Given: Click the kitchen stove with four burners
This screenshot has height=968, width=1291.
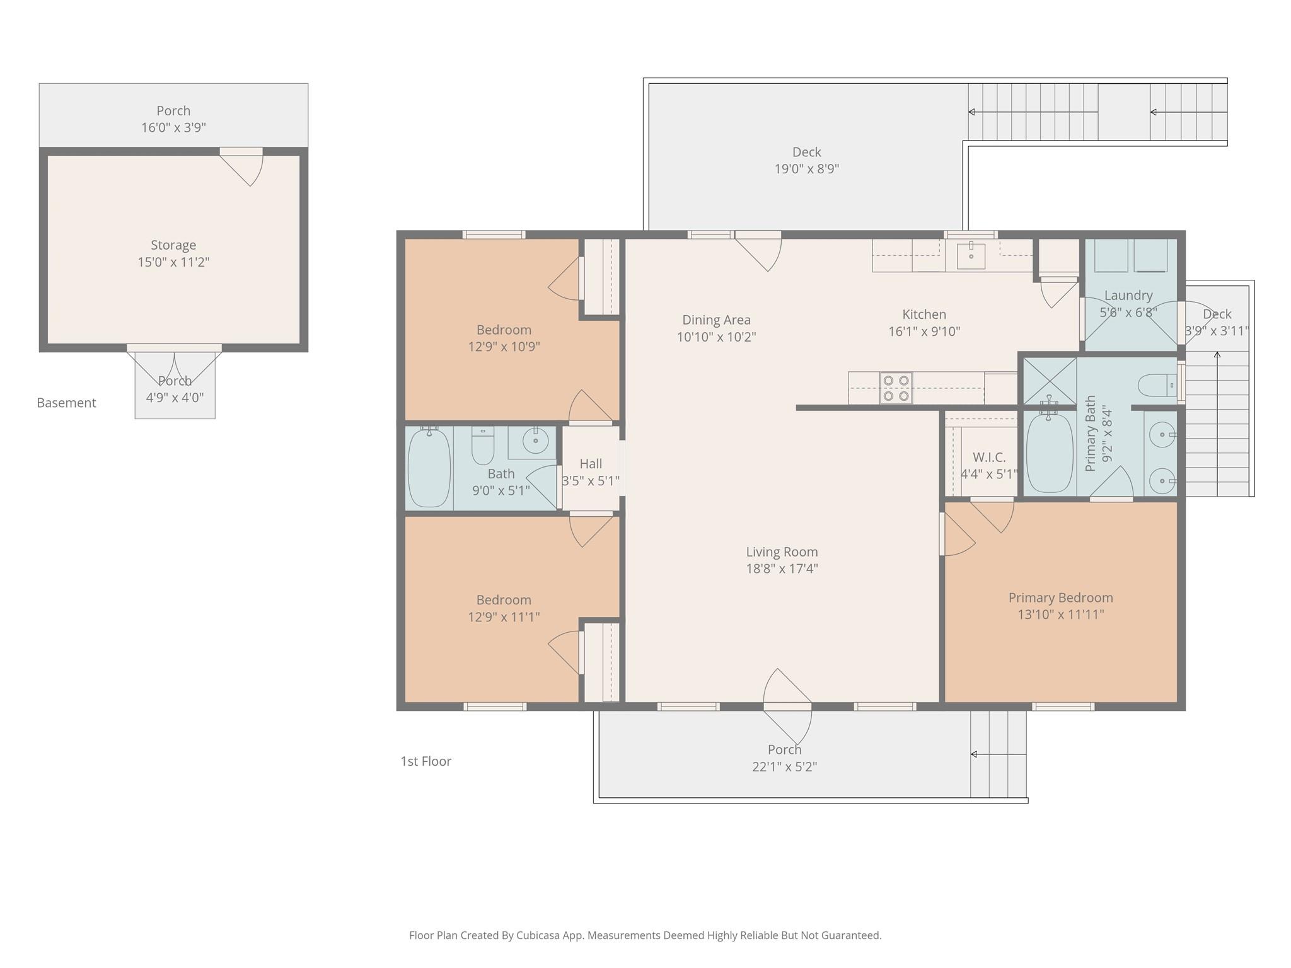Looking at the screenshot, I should click(x=896, y=388).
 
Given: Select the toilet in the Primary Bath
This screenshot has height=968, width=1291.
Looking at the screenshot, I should click(x=1157, y=384).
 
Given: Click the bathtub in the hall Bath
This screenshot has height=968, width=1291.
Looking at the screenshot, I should click(x=429, y=468).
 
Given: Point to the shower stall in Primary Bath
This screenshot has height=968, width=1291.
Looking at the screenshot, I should click(x=1049, y=381).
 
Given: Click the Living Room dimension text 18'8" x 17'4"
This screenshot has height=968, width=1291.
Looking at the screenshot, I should click(x=782, y=568).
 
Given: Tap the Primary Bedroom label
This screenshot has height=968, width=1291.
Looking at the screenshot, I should click(x=1060, y=597).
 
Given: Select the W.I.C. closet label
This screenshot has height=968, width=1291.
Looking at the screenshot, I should click(x=988, y=458).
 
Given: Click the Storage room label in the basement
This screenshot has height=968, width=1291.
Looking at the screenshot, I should click(x=173, y=245).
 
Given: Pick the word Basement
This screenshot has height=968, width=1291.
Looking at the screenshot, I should click(x=66, y=403).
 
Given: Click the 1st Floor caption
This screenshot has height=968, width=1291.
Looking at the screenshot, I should click(x=426, y=761).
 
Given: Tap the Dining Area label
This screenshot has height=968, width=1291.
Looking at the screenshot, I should click(x=716, y=320).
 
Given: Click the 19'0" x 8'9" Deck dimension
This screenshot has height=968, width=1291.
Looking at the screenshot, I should click(x=806, y=169).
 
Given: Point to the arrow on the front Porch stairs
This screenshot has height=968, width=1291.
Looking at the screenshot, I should click(x=975, y=754).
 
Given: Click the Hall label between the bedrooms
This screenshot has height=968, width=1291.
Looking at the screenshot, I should click(x=591, y=464).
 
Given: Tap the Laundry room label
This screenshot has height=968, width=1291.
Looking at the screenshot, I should click(x=1128, y=296).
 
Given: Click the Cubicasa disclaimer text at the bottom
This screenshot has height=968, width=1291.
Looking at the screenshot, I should click(x=645, y=935).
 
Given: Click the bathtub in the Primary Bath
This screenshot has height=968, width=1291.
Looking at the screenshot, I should click(x=1049, y=452).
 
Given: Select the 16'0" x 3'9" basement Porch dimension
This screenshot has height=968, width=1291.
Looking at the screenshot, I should click(x=173, y=128).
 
